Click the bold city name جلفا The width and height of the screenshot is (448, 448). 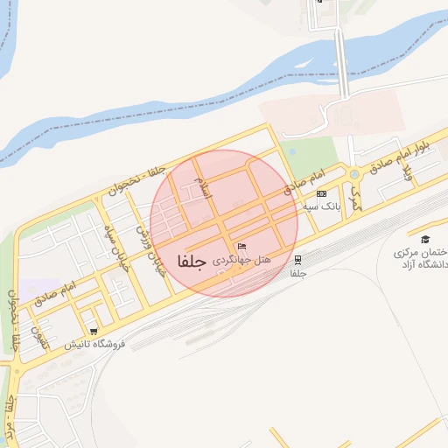tap(191, 262)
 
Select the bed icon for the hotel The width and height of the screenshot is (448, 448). tap(242, 247)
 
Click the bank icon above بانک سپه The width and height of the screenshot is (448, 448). tap(322, 192)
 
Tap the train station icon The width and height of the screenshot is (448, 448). tap(299, 259)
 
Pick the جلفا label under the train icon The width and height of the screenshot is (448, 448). tap(299, 273)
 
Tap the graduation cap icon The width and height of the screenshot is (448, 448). tap(425, 239)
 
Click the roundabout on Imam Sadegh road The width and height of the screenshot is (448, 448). tap(353, 174)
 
